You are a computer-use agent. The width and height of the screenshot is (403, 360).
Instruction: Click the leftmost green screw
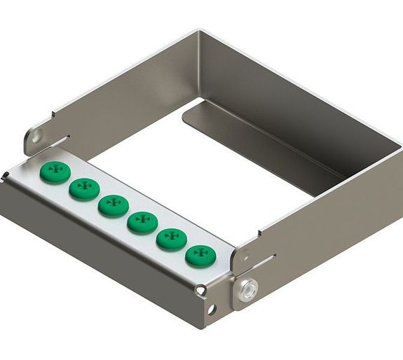(54, 172)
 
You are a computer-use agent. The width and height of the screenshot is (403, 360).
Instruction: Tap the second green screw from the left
(83, 188)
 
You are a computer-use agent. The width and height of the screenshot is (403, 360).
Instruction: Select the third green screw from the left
(112, 205)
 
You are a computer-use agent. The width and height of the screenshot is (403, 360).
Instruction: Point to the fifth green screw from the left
(170, 238)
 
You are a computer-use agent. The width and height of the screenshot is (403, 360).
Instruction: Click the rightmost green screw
(200, 255)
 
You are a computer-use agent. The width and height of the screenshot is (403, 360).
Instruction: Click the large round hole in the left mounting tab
(36, 134)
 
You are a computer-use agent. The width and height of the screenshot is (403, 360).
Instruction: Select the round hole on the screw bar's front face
(212, 309)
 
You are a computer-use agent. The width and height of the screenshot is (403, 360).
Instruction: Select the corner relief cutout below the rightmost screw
(201, 288)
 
